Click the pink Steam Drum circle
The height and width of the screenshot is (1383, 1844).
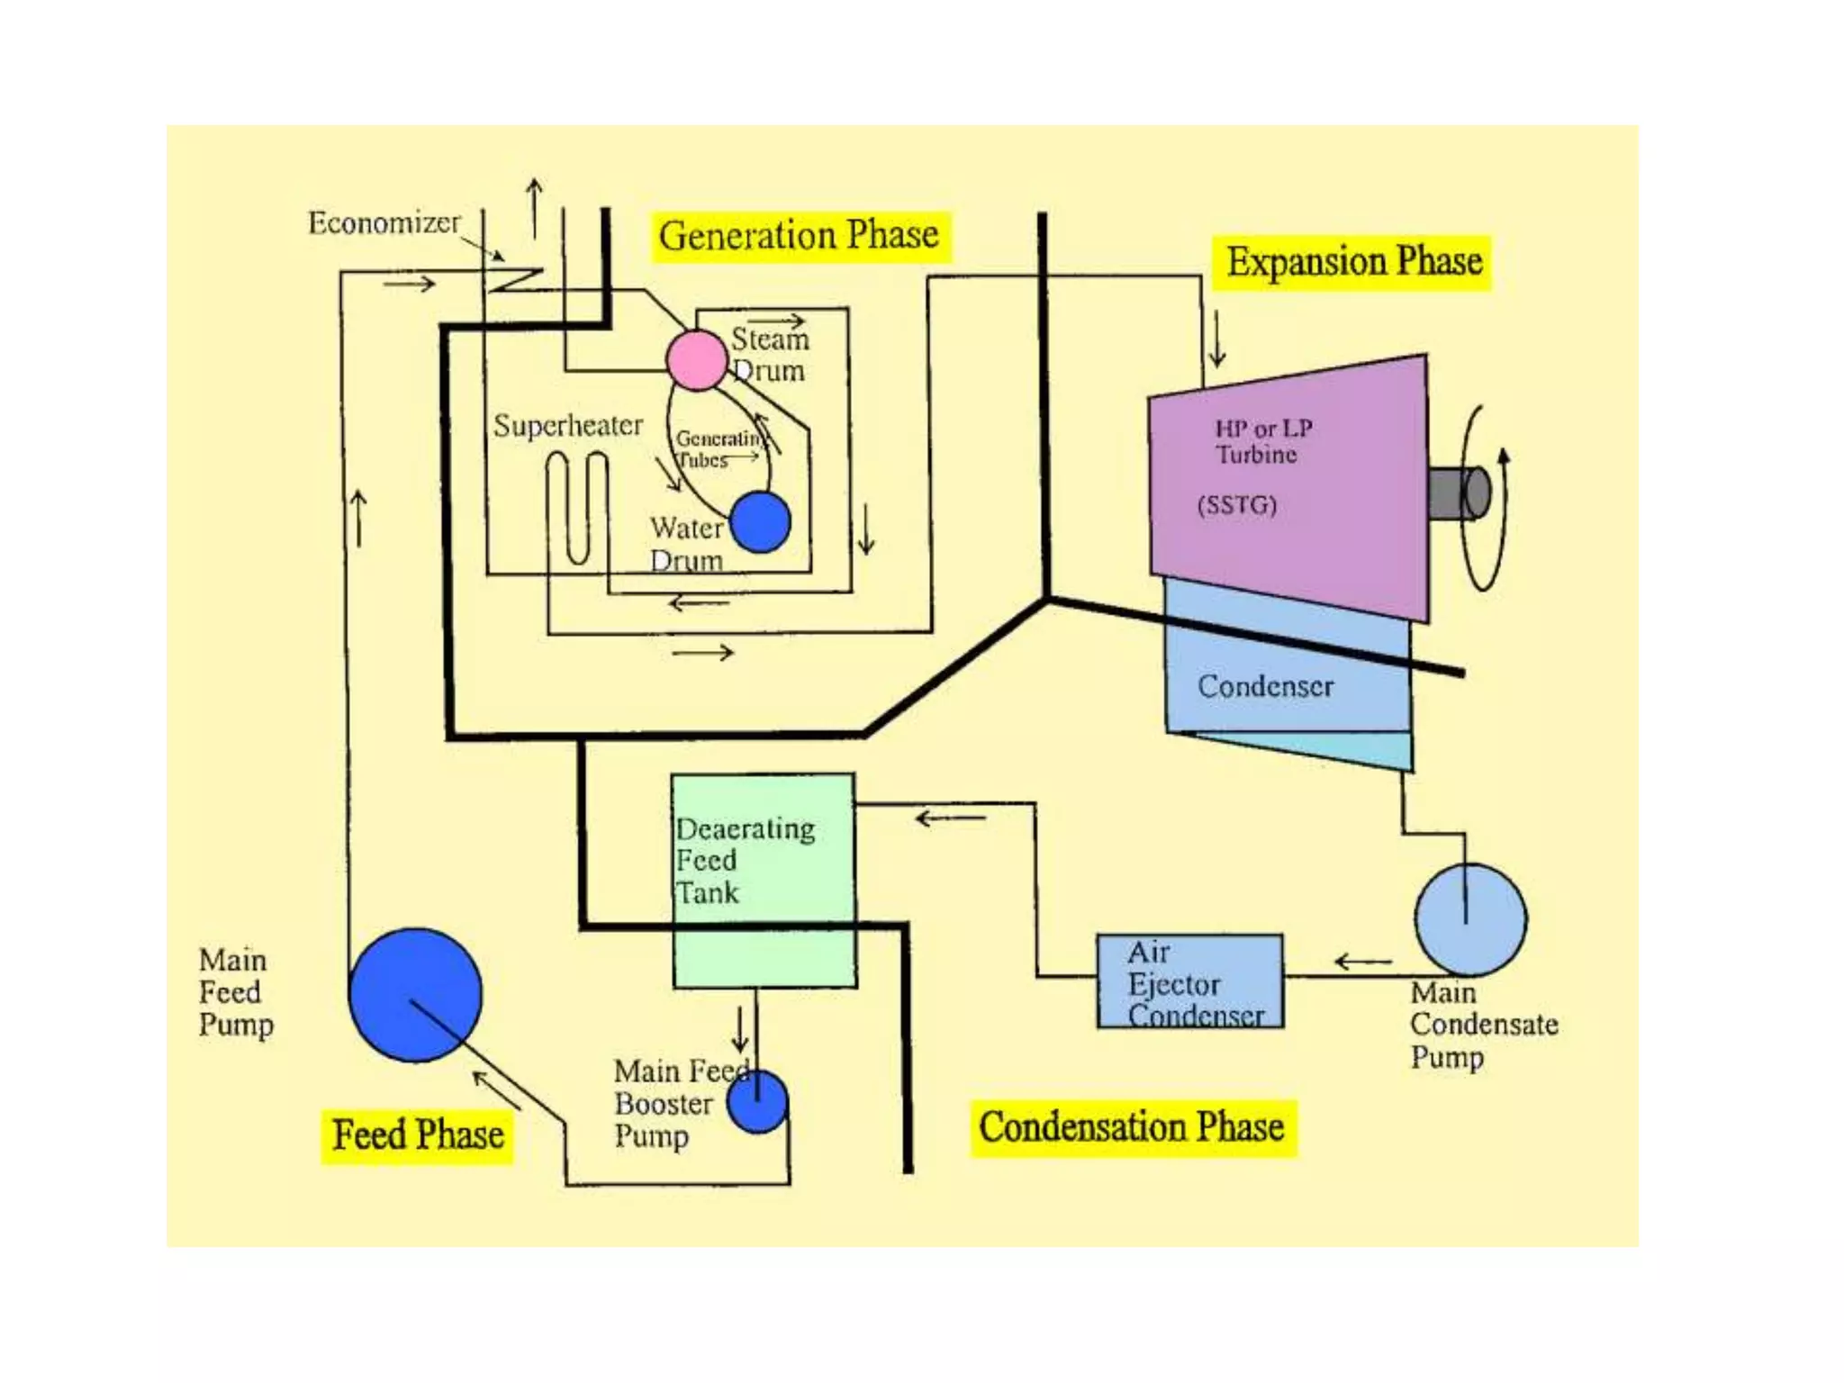pyautogui.click(x=696, y=359)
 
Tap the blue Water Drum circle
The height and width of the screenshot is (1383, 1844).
pyautogui.click(x=760, y=521)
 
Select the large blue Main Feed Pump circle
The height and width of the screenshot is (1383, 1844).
pyautogui.click(x=415, y=995)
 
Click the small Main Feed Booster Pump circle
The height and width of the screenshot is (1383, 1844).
pyautogui.click(x=757, y=1102)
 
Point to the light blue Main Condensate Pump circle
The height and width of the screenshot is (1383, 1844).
pyautogui.click(x=1470, y=919)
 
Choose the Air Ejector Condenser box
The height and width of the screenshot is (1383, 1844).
pyautogui.click(x=1189, y=981)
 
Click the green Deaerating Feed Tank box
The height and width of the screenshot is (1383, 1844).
pyautogui.click(x=764, y=881)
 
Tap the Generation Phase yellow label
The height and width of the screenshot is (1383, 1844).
pyautogui.click(x=799, y=236)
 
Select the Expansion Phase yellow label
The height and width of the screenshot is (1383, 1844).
pyautogui.click(x=1353, y=263)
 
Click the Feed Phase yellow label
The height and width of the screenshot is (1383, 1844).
pyautogui.click(x=418, y=1134)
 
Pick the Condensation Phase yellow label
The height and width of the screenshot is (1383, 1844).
pyautogui.click(x=1132, y=1127)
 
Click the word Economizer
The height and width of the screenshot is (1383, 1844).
pyautogui.click(x=384, y=222)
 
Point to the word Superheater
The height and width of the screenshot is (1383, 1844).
pyautogui.click(x=567, y=425)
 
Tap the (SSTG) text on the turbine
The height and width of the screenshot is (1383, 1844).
pyautogui.click(x=1236, y=504)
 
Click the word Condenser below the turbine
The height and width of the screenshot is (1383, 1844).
pyautogui.click(x=1264, y=686)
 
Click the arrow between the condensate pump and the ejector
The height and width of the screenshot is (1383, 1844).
pyautogui.click(x=1362, y=962)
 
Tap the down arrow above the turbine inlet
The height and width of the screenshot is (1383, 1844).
pyautogui.click(x=1217, y=339)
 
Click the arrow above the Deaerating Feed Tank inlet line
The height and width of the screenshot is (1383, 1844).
pyautogui.click(x=950, y=818)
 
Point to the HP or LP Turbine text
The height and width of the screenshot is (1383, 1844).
pyautogui.click(x=1262, y=440)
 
